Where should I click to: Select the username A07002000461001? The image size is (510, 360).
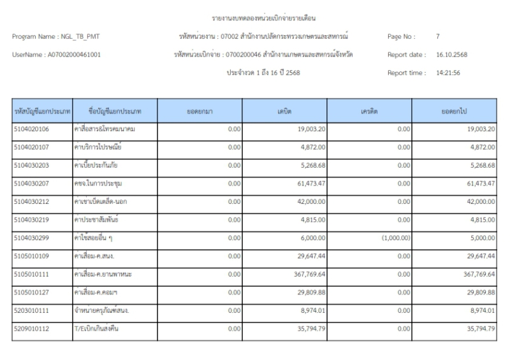73,55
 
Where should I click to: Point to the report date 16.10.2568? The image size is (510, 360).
453,55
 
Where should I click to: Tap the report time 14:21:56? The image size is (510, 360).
449,73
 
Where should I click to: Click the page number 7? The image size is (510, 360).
438,37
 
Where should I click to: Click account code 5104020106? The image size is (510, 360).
31,129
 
